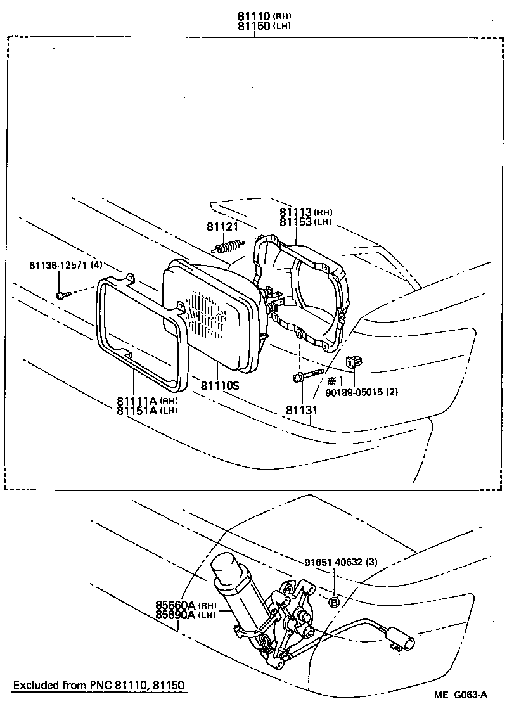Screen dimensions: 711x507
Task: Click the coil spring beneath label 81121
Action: (x=229, y=245)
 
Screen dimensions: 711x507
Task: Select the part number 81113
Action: (x=295, y=212)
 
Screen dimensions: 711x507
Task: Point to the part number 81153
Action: (x=295, y=222)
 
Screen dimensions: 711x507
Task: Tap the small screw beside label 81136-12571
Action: (x=61, y=295)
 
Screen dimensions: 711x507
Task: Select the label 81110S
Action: (x=220, y=385)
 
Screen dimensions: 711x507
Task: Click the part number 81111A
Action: (x=136, y=400)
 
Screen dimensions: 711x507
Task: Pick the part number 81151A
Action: (x=136, y=410)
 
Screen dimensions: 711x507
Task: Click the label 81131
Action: (x=300, y=410)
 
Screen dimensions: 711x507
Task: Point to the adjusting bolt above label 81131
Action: (x=304, y=378)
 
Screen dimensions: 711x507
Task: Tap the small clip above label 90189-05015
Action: (x=354, y=362)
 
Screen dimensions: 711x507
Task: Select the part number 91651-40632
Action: (x=332, y=561)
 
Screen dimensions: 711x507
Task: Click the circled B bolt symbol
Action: (x=335, y=601)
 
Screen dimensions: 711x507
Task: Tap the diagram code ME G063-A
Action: (x=461, y=695)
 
